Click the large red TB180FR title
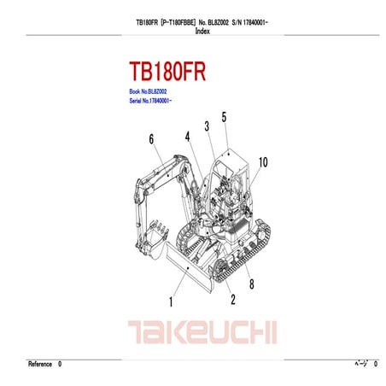click(168, 70)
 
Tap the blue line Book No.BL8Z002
click(148, 91)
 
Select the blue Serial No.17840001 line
click(150, 101)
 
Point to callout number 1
click(171, 301)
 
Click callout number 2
click(232, 299)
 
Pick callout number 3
click(206, 126)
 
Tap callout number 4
click(186, 136)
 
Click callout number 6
click(151, 139)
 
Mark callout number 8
click(251, 283)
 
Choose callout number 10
click(263, 161)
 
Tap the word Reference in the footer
click(40, 365)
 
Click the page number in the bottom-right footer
click(376, 365)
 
